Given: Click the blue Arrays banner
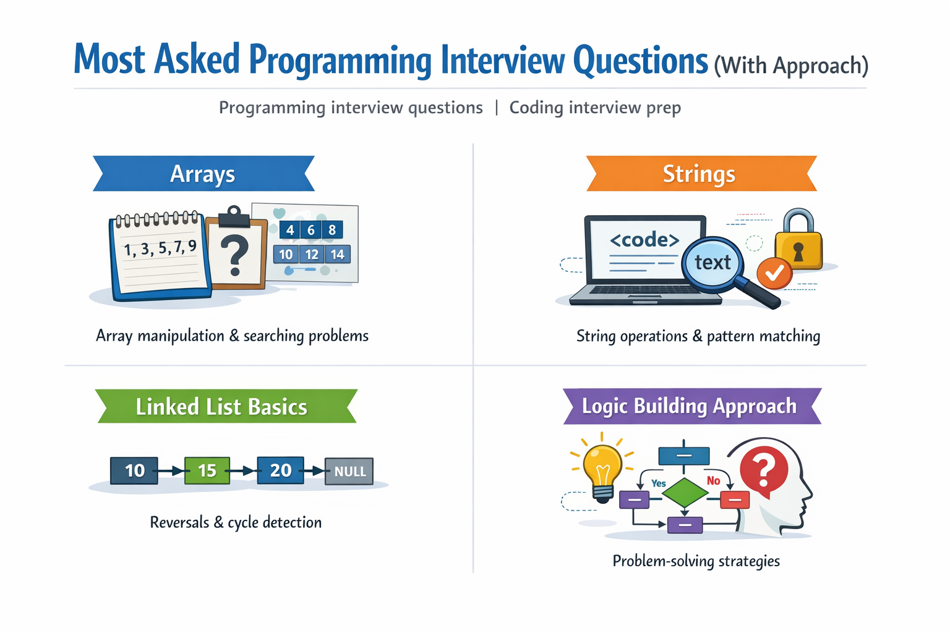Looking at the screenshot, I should pos(203,174).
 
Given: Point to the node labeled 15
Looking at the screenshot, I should pos(207,470).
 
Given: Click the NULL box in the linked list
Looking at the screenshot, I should pos(349,471).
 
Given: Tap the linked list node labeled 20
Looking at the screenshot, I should pos(280,470).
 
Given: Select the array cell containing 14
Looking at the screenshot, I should pos(337,254).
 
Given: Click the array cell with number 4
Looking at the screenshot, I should pos(289,230).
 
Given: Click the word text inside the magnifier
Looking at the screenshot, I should pos(712,263).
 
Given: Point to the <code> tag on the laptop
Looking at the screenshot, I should pos(644,240).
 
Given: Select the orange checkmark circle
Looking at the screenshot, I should pos(774,273).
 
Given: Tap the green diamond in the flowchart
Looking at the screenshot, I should pos(684,493).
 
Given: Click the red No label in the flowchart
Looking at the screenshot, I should pos(713,481).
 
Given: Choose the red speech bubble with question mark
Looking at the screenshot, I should pos(764,470).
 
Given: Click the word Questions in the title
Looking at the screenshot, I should pos(640,61).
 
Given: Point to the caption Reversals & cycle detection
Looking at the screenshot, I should pos(236,522).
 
